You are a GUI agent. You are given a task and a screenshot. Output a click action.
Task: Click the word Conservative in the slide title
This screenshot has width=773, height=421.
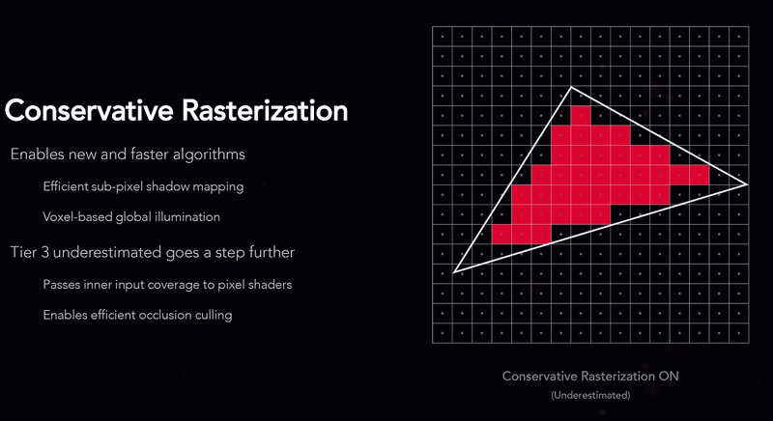tap(89, 110)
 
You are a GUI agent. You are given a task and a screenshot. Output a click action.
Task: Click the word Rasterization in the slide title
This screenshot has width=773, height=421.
tap(265, 110)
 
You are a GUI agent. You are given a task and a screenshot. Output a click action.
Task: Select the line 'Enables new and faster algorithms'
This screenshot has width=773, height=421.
tap(128, 154)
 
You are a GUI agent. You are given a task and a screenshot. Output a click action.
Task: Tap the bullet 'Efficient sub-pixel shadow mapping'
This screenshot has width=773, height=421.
tap(143, 186)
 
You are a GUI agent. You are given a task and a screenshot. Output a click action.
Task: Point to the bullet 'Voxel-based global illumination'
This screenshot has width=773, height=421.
tap(131, 216)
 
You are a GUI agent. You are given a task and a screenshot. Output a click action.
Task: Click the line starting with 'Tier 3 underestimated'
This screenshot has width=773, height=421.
tap(153, 252)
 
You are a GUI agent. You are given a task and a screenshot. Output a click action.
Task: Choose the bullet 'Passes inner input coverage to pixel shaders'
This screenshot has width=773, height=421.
tap(167, 285)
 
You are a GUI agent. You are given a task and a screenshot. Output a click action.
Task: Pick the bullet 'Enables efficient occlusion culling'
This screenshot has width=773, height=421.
tap(137, 315)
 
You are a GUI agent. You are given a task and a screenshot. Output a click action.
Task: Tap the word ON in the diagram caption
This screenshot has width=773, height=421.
tap(668, 377)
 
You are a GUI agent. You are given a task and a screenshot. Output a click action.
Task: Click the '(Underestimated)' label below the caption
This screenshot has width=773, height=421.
tap(590, 395)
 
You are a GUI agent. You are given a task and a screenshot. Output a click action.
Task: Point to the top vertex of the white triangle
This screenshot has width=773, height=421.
tap(571, 87)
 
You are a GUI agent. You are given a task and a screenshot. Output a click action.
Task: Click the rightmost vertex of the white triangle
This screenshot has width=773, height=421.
tap(747, 184)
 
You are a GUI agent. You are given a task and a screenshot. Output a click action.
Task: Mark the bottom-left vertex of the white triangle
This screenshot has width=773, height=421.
tap(453, 271)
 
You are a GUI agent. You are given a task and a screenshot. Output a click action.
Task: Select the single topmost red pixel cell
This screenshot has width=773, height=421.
tap(581, 116)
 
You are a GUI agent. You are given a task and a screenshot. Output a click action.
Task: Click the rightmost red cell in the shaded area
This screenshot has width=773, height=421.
tap(700, 175)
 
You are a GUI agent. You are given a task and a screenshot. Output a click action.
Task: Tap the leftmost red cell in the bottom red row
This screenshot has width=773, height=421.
tap(501, 234)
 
